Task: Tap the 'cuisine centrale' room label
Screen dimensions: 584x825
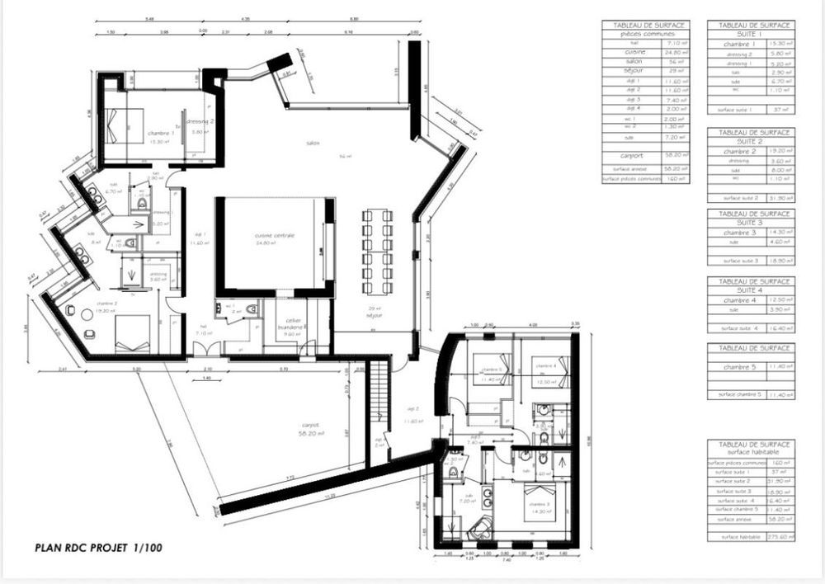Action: coord(275,236)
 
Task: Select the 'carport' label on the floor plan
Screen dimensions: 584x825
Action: coord(309,426)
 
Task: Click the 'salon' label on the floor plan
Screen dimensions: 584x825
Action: coord(313,144)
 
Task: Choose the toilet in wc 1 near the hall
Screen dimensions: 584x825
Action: coord(250,308)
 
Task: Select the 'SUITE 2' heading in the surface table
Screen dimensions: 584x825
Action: coord(751,141)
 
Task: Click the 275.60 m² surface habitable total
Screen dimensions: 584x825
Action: coord(776,537)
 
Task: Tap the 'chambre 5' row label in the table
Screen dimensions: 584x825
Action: coord(738,367)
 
